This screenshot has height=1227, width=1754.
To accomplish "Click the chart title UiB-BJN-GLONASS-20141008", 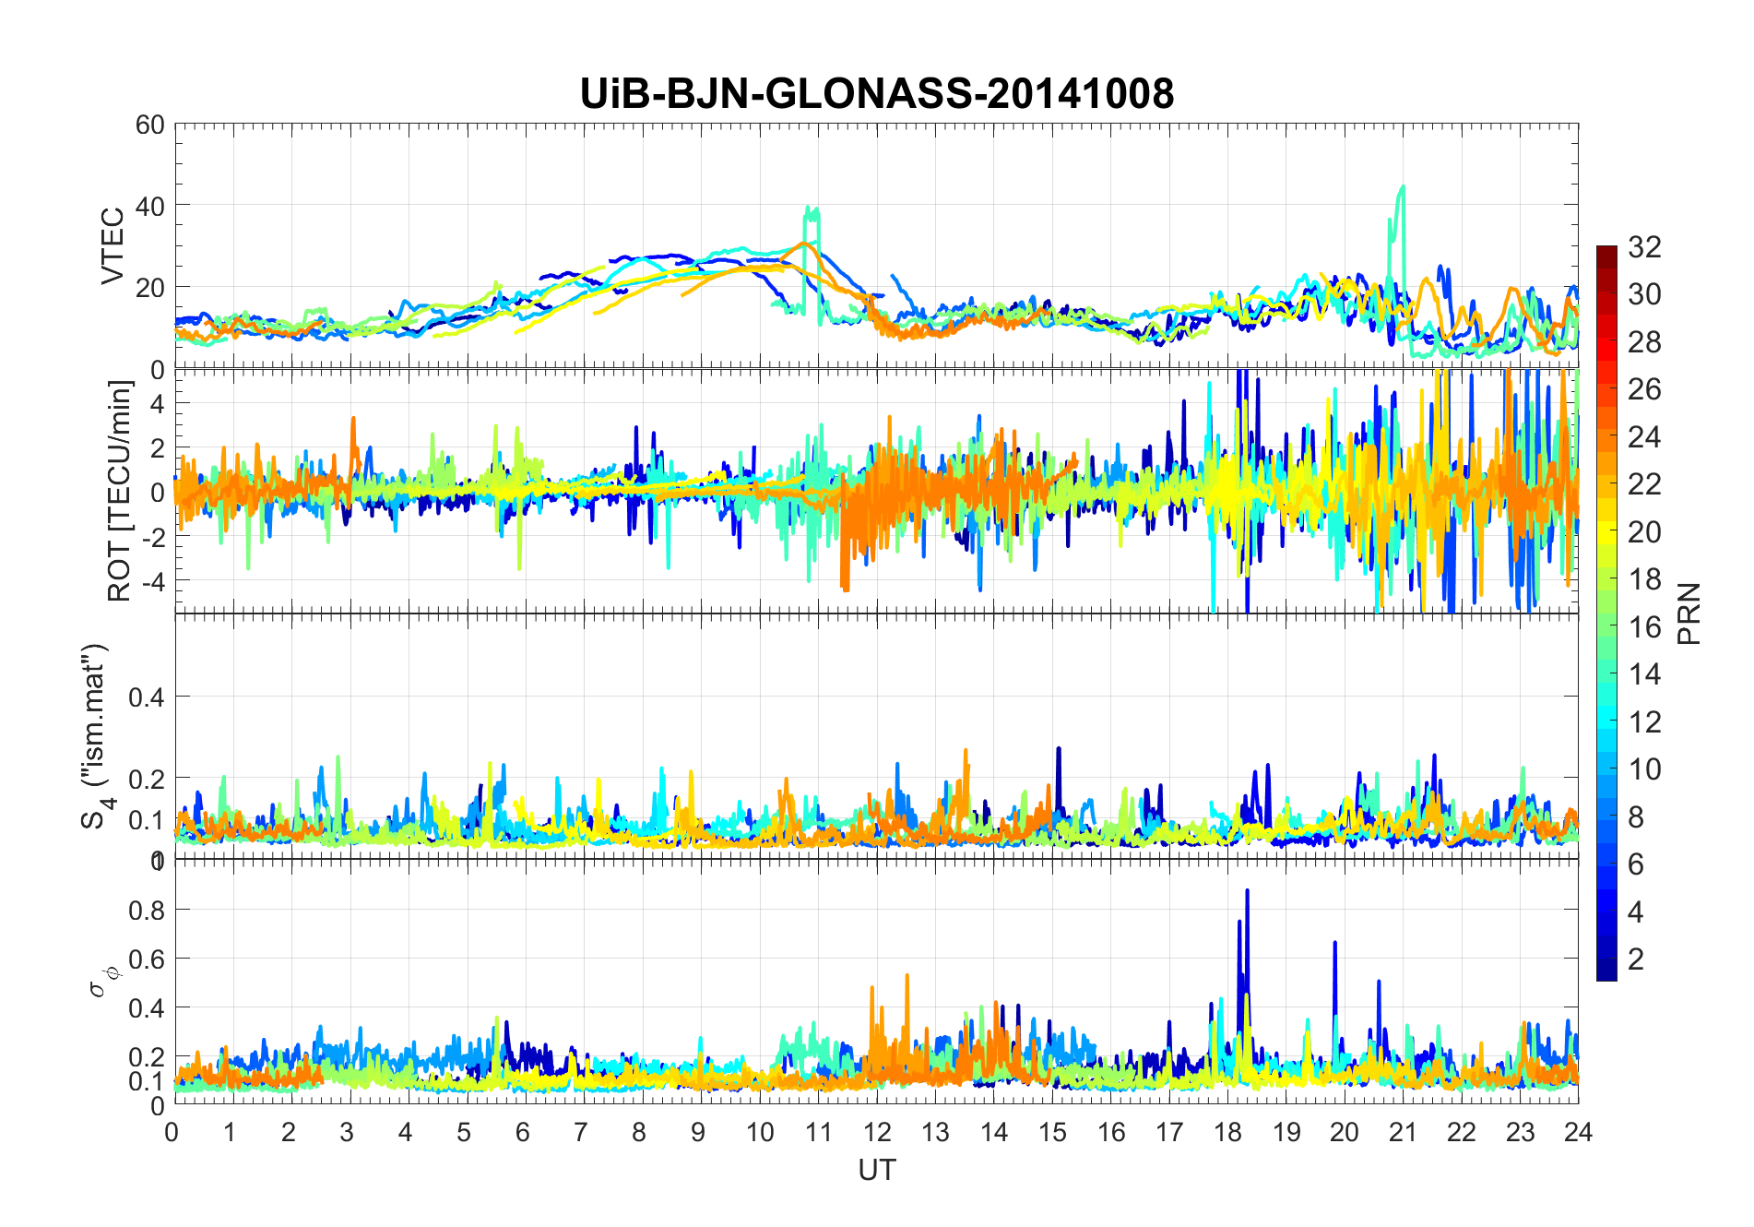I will [876, 93].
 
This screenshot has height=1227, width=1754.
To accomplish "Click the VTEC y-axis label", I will [113, 246].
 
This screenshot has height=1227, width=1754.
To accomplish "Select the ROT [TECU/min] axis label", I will [120, 491].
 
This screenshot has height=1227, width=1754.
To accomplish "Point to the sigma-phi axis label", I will [101, 981].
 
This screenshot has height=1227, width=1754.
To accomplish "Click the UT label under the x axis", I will [876, 1170].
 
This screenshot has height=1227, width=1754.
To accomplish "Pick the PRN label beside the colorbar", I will [1689, 613].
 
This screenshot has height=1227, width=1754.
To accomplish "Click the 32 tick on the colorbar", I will [1644, 246].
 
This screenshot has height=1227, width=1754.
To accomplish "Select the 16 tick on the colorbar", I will [1644, 627].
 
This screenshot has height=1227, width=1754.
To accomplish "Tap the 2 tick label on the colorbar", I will [1636, 959].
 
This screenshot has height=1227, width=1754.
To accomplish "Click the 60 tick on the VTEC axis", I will [149, 125].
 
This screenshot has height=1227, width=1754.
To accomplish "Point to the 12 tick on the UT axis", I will [876, 1132].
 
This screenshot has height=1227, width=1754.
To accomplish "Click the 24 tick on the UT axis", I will [1578, 1132].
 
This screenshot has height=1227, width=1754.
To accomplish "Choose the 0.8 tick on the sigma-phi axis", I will [146, 910].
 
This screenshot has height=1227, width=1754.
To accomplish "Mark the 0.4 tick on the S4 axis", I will [146, 697].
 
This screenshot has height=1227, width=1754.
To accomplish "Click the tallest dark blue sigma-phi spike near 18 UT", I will [1247, 891].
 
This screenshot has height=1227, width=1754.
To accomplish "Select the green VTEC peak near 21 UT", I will [1402, 187].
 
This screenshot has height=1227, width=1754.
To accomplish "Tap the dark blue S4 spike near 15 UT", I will [1059, 749].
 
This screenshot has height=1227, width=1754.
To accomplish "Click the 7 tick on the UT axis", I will [581, 1132].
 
